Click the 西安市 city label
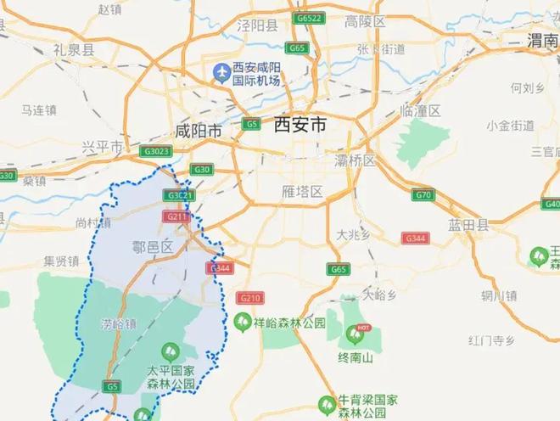point(300,126)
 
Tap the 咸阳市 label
point(198,132)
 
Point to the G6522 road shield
point(308,18)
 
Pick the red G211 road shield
point(176,217)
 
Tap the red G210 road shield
point(249,298)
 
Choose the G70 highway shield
point(424,195)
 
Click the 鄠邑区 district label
point(153,246)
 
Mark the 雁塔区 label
point(301,192)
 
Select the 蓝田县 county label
point(470,224)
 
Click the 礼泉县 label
point(74,51)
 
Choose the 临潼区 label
point(421,111)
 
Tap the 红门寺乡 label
point(492,340)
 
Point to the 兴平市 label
point(102,147)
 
